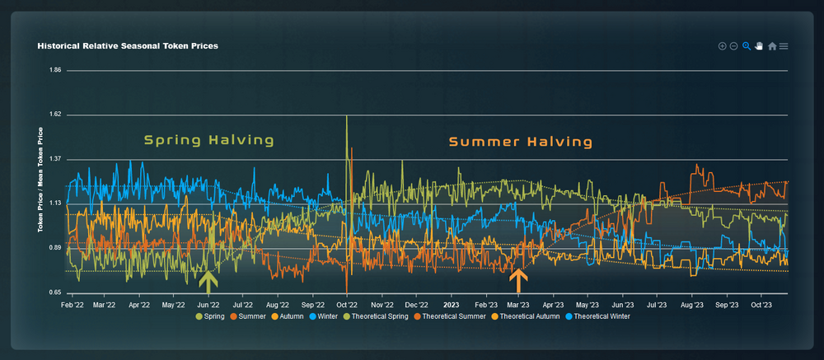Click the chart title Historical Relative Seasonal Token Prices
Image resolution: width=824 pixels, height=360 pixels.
[128, 46]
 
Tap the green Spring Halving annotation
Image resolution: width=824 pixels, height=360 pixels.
[209, 140]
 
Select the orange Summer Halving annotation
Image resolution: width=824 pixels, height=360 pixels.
[521, 142]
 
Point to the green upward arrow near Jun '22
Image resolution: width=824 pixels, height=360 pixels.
[208, 282]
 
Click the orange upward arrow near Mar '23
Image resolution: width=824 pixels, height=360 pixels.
[518, 281]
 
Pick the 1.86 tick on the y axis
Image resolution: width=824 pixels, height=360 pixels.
[56, 70]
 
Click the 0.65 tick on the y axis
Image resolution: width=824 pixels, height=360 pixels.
[56, 292]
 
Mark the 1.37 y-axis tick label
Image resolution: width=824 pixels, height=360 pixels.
[56, 159]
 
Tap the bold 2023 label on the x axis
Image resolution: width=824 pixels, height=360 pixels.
[452, 304]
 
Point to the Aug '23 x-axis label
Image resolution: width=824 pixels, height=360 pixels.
[691, 304]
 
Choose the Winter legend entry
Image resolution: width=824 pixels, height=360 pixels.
[325, 316]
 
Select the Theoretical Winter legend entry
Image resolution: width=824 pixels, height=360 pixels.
[601, 316]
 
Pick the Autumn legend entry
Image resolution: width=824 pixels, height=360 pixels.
[288, 316]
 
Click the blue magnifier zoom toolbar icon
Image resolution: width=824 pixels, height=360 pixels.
[746, 46]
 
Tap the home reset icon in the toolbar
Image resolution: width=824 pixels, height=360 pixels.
[772, 46]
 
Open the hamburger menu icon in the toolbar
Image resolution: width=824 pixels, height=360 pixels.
[784, 46]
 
